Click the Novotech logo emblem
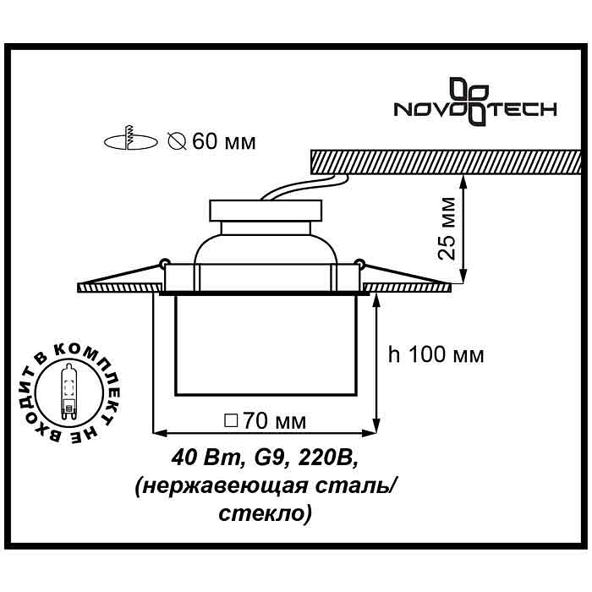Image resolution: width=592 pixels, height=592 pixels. coord(469,101)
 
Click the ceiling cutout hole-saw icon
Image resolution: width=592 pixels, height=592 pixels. coord(130,139)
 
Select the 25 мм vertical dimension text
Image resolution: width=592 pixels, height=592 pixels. coord(447,228)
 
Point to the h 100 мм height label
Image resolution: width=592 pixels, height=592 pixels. coord(436,355)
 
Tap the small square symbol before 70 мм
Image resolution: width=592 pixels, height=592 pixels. coord(231,420)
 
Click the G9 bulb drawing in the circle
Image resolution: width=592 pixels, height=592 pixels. coord(69,392)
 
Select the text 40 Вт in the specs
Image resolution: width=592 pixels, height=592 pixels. coord(206,458)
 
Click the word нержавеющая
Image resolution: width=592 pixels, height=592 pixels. coord(221,487)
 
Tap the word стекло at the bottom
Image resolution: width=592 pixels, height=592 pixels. coord(266,513)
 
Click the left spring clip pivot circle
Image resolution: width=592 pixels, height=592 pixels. coord(165,261)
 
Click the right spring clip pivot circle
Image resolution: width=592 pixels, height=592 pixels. coord(359,261)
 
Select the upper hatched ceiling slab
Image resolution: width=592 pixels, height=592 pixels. coord(446,162)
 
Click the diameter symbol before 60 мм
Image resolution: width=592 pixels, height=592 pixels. coord(177,142)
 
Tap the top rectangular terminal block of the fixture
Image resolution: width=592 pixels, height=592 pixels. coord(266,211)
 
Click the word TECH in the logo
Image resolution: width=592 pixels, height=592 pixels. coord(522,109)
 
